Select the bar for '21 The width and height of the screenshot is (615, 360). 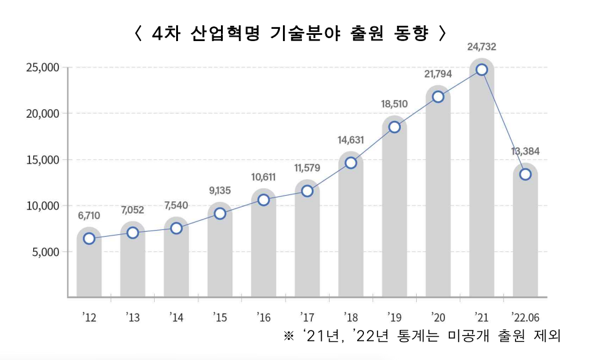(x=482, y=184)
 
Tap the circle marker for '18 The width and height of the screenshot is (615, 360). (x=351, y=163)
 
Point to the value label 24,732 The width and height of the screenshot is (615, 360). (x=482, y=47)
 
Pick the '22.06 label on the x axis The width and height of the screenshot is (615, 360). (x=525, y=316)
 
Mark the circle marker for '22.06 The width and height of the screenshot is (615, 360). (x=525, y=174)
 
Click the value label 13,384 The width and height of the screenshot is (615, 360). (x=525, y=151)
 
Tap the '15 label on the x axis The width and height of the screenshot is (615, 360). (x=220, y=316)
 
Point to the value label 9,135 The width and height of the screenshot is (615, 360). (x=220, y=190)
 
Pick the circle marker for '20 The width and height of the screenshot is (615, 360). (x=438, y=97)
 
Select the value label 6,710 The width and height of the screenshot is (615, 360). (x=89, y=215)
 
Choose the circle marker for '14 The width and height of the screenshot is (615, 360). (x=176, y=228)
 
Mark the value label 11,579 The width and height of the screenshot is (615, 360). (x=307, y=167)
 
